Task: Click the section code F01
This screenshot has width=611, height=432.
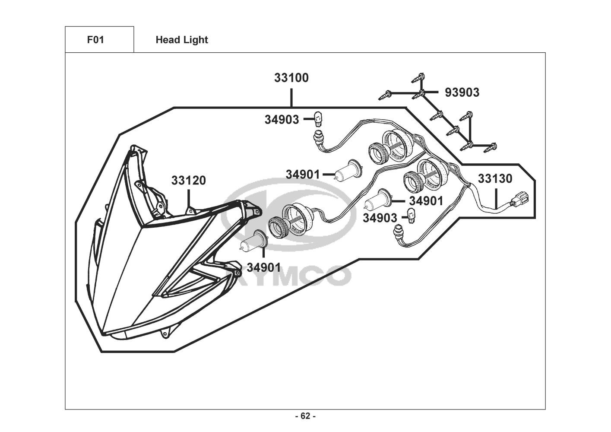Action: pos(95,40)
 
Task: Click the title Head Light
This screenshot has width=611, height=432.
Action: pos(182,40)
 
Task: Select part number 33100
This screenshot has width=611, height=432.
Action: pos(291,78)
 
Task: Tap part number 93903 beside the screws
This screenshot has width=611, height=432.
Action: pos(462,92)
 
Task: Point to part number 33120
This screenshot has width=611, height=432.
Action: pos(189,181)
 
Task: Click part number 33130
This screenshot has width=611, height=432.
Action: pos(495,179)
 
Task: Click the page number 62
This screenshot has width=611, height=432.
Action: pos(306,416)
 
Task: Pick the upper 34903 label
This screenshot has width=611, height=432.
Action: pos(282,120)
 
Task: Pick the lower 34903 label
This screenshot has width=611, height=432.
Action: pos(380,218)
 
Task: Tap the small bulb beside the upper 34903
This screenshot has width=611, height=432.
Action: pos(318,119)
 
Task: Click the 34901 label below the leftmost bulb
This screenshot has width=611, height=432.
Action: pos(264,268)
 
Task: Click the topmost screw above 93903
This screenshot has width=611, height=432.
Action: pos(418,77)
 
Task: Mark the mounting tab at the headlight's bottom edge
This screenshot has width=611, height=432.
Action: pos(164,334)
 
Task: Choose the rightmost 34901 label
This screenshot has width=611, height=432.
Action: pos(426,201)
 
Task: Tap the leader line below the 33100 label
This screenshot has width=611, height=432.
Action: pos(291,98)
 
